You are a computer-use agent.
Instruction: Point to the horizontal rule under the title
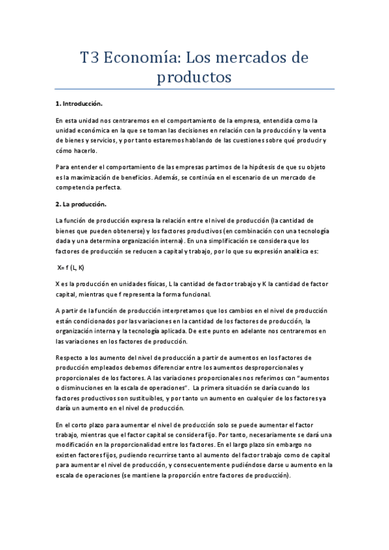pyautogui.click(x=195, y=89)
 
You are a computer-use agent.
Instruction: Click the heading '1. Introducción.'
pyautogui.click(x=79, y=104)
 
